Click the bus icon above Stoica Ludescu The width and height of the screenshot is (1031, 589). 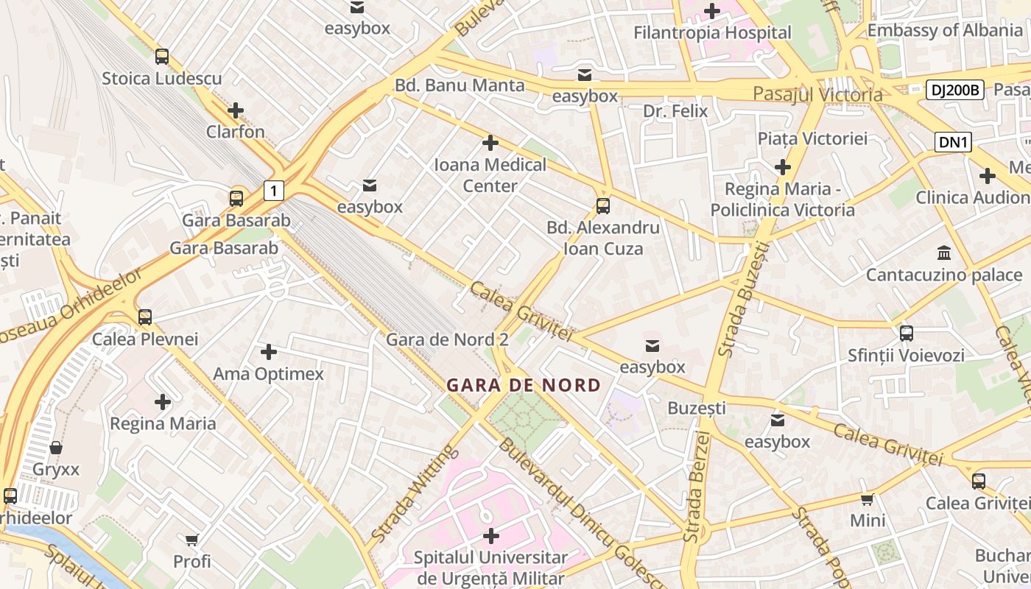click(162, 56)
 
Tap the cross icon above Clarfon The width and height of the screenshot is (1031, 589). click(236, 110)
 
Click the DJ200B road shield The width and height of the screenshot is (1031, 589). click(954, 90)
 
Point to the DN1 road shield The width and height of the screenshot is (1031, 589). click(953, 142)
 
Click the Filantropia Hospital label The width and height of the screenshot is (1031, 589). click(712, 32)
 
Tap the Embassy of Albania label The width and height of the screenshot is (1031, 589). click(944, 30)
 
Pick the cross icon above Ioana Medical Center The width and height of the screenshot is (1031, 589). click(490, 143)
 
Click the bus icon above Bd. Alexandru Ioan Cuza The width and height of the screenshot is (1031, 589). click(603, 205)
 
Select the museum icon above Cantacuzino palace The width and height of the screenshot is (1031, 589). click(944, 253)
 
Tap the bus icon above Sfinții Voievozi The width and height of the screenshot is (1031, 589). click(907, 333)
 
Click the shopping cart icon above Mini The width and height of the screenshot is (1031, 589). click(868, 499)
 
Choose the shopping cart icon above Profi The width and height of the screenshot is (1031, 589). click(192, 540)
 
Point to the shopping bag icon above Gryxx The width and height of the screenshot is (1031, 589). click(56, 448)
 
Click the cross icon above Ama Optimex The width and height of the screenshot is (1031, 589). click(269, 352)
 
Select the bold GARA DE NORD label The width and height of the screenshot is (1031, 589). click(524, 384)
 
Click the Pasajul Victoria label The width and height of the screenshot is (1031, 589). click(817, 94)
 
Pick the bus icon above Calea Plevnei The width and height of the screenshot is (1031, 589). click(145, 317)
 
